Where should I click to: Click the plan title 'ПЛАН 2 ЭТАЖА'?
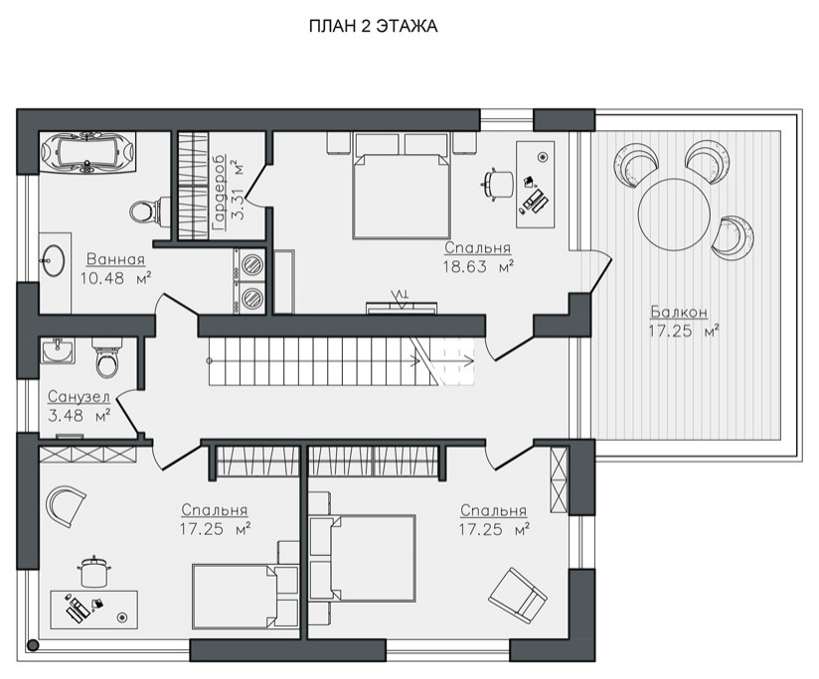coord(373,26)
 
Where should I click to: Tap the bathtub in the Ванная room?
coord(87,152)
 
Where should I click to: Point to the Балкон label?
coord(679,312)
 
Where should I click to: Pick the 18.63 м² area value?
coord(478,267)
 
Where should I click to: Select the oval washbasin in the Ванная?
coord(53,260)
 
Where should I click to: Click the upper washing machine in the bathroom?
coord(251,264)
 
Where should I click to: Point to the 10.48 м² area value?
coord(115,278)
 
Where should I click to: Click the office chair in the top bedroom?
coord(498,184)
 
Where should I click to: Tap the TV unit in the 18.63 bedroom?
coord(401,305)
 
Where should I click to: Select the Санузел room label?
coord(79,397)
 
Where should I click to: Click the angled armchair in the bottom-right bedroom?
coord(518,592)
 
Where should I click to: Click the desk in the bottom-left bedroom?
coord(94,610)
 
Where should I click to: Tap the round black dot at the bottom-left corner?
coord(33,645)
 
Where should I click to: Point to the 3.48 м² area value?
coord(79,416)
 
